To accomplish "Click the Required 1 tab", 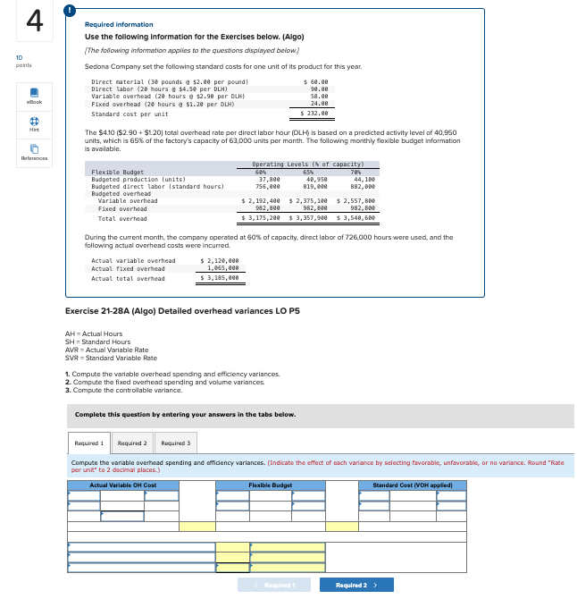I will [x=89, y=443].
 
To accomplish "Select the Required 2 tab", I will [x=132, y=443].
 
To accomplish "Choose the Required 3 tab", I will [x=175, y=443].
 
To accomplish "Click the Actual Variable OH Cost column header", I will [x=122, y=485].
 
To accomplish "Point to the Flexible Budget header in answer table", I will [x=270, y=485].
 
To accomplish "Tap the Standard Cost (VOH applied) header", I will [x=418, y=485].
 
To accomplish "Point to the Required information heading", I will [x=119, y=24].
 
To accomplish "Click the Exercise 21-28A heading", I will [x=182, y=310].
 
